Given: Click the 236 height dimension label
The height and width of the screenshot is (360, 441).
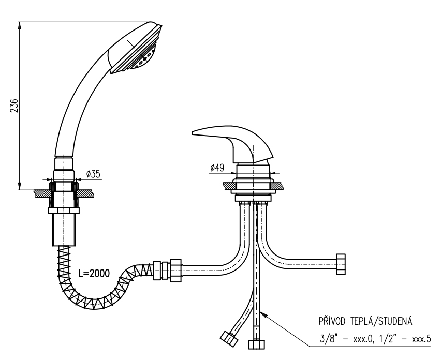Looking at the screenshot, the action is [14, 106].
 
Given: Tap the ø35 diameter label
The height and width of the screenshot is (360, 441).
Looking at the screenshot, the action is [93, 174].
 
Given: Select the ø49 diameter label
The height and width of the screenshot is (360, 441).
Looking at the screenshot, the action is [217, 168].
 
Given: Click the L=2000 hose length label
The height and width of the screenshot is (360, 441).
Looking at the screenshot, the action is [94, 273].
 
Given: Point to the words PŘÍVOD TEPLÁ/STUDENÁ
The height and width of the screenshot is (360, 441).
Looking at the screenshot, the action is [365, 321].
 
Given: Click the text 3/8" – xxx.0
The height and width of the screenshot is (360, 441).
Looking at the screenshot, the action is [346, 339].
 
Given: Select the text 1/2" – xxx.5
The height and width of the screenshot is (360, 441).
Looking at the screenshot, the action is [404, 339].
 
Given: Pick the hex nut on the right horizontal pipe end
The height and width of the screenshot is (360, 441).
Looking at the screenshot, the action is [341, 264].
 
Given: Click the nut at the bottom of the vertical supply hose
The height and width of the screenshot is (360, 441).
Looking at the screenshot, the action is [256, 344].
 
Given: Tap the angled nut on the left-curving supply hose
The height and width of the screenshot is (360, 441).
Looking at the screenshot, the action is [229, 339].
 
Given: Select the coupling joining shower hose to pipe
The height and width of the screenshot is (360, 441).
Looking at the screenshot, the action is [167, 271].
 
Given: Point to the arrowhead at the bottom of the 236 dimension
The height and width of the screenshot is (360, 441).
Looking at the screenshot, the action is [19, 186].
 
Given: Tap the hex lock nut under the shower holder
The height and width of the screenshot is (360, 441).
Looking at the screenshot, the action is [64, 211].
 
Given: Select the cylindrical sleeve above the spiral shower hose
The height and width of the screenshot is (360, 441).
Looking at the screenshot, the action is [64, 230].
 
